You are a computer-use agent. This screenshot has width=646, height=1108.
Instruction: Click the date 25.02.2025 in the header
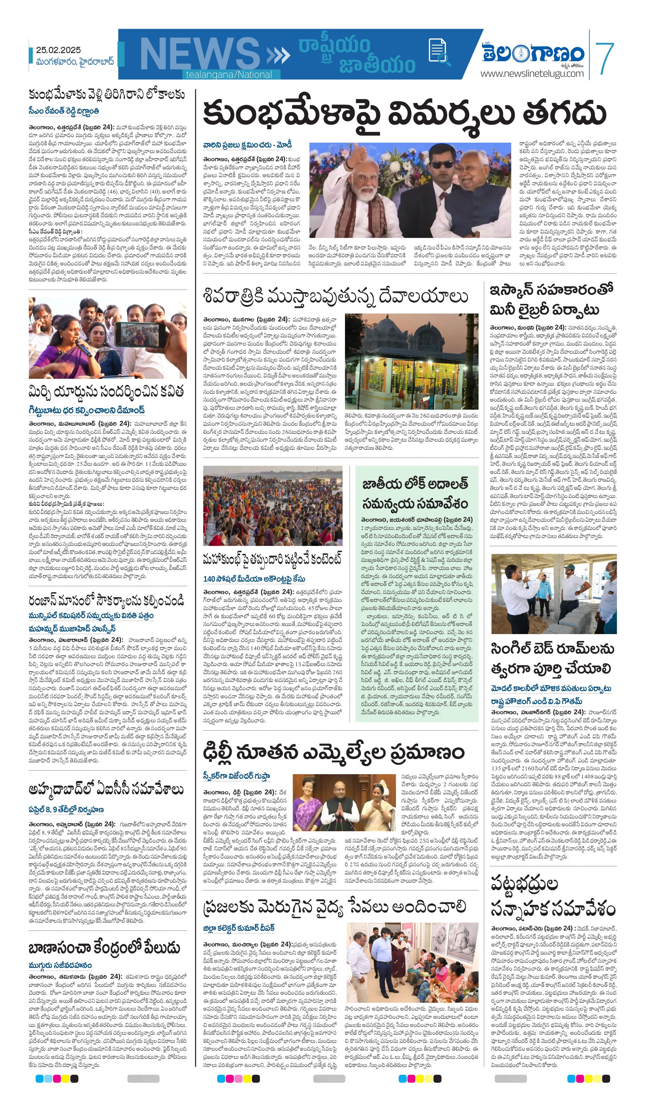[x=59, y=50]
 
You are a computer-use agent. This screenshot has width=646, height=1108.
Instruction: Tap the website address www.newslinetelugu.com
[x=532, y=73]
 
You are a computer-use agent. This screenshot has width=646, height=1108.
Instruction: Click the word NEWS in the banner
[x=200, y=54]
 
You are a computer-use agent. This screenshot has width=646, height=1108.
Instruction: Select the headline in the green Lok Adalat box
[x=415, y=493]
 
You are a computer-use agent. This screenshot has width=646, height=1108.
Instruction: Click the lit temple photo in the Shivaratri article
[x=411, y=362]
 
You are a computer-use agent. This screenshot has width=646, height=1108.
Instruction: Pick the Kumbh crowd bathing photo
[x=272, y=505]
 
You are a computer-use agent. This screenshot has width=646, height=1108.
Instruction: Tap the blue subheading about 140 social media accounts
[x=254, y=579]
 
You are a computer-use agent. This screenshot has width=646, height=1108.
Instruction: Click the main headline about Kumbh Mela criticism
[x=404, y=113]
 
